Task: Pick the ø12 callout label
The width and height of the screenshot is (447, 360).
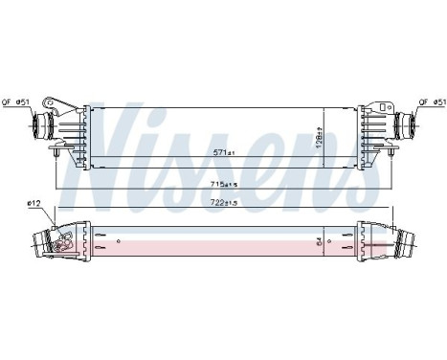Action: pos(34,203)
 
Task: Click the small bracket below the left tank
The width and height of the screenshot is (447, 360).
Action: pos(58,150)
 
